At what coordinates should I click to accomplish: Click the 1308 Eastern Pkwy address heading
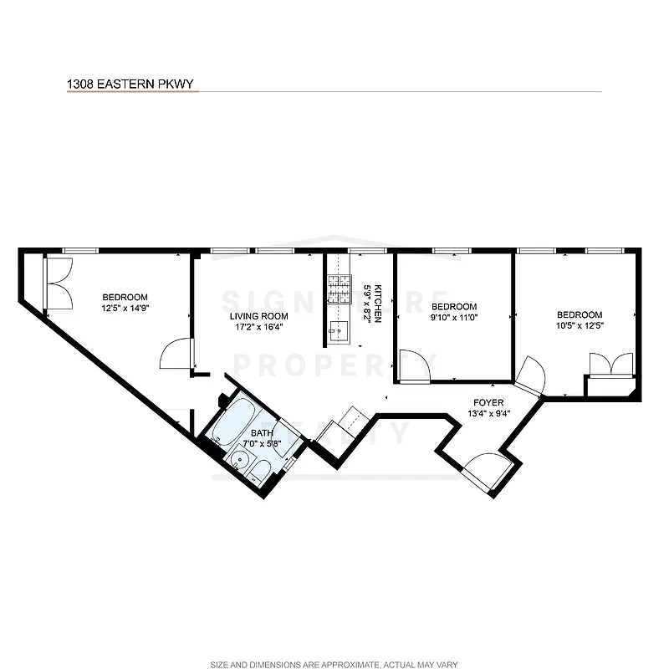point(132,84)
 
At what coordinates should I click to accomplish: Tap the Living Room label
point(259,316)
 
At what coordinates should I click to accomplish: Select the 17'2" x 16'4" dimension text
point(259,327)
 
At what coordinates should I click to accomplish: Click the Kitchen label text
point(377,303)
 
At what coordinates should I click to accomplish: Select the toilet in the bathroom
point(260,472)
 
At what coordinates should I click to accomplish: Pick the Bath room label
point(262,432)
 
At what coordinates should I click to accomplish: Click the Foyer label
point(490,402)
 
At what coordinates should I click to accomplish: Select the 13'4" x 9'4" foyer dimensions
point(490,412)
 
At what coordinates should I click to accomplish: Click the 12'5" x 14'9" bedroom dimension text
point(125,308)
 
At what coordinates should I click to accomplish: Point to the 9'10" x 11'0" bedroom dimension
point(453,317)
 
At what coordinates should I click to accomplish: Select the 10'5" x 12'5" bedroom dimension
point(580,325)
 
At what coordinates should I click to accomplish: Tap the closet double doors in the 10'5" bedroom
point(608,365)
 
